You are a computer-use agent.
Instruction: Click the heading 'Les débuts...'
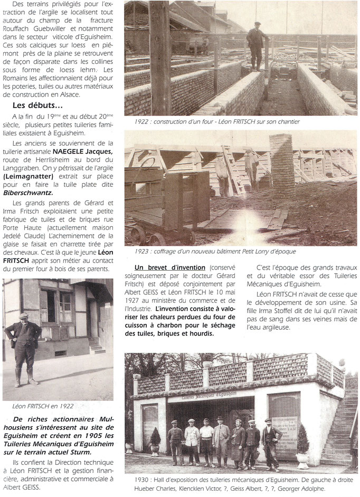35,104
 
